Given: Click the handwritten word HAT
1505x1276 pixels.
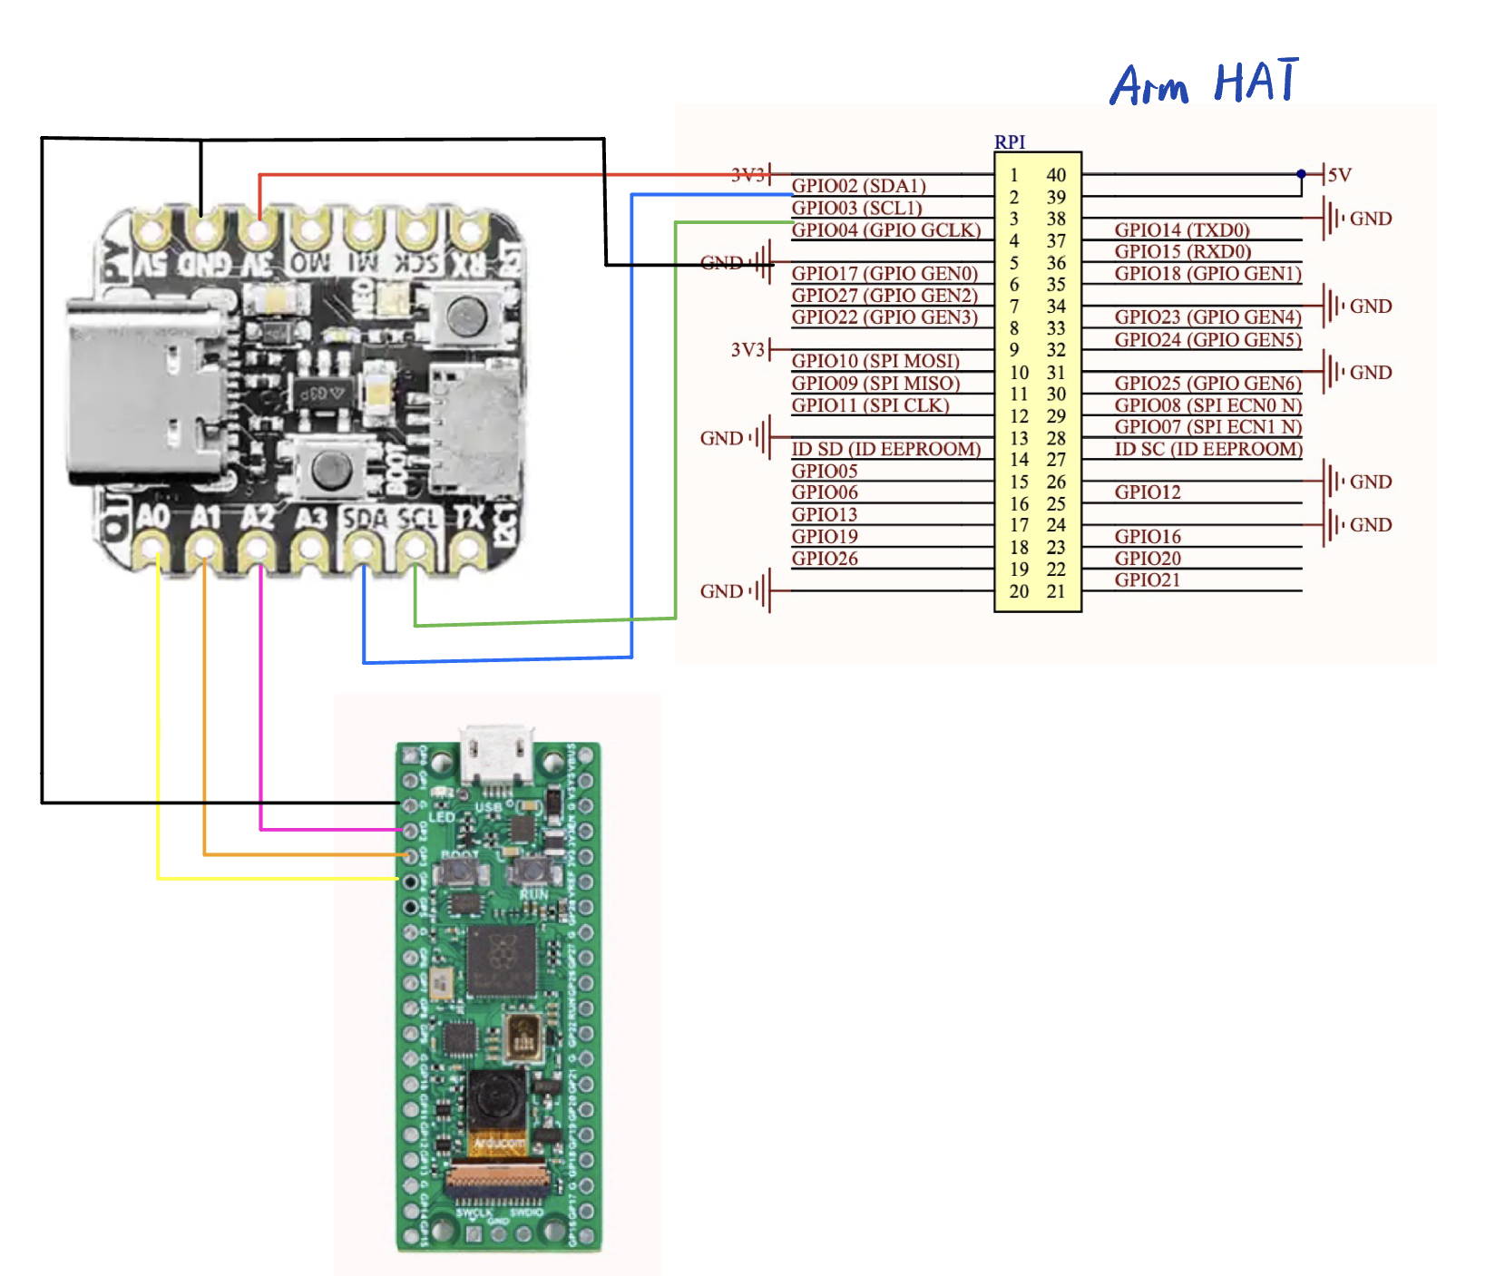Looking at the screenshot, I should point(1256,82).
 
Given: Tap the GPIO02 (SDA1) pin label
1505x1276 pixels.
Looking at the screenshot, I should point(858,186).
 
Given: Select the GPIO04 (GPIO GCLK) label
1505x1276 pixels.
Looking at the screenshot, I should point(885,230).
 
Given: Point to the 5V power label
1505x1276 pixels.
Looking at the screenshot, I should point(1339,175).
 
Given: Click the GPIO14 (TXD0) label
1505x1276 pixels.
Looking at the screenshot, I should point(1182,230).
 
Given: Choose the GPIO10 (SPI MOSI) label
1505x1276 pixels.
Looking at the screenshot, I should point(875,361).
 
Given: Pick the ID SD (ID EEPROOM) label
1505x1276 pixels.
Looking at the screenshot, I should point(885,449).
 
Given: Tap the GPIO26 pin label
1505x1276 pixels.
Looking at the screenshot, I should point(824,559).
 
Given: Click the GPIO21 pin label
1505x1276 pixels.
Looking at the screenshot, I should point(1148,580).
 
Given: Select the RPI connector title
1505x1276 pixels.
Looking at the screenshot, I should point(1010,142).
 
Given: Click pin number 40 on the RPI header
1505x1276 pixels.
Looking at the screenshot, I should point(1056,175).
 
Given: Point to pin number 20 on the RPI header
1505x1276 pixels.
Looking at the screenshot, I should point(1019,591).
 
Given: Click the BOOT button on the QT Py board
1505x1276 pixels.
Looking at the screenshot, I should point(331,469).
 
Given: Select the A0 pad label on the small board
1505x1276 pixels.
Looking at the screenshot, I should point(152,517).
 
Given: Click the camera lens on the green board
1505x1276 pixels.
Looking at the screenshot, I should point(495,1099).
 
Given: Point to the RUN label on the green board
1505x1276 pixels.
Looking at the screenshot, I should point(533,895).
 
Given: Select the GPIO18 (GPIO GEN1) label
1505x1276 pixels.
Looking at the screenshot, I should point(1207,274).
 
